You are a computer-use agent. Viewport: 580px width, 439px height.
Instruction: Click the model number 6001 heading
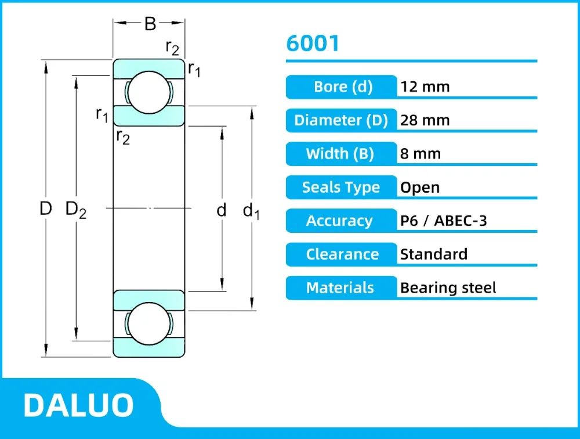(313, 44)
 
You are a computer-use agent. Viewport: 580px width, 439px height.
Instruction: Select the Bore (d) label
(342, 87)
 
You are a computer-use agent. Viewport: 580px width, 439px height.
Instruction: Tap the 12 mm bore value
(425, 87)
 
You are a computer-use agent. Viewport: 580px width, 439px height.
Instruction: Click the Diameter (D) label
(341, 120)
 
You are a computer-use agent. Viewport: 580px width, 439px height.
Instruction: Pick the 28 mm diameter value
(425, 120)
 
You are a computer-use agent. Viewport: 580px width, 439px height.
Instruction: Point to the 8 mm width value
(420, 154)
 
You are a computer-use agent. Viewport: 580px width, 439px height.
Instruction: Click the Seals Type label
(340, 188)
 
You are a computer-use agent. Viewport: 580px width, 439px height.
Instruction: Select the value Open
(420, 188)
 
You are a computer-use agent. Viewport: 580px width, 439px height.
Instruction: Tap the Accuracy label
(340, 221)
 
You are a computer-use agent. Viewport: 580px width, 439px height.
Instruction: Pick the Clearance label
(342, 254)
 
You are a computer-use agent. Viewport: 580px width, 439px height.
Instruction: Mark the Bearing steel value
(448, 288)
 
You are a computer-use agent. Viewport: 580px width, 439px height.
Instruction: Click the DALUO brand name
(78, 405)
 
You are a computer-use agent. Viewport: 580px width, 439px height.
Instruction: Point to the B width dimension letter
(150, 24)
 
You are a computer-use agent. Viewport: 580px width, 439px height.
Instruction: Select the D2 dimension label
(76, 209)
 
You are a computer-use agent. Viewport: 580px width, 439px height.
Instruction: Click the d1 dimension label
(251, 210)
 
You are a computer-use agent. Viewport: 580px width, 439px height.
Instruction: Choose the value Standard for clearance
(433, 254)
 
